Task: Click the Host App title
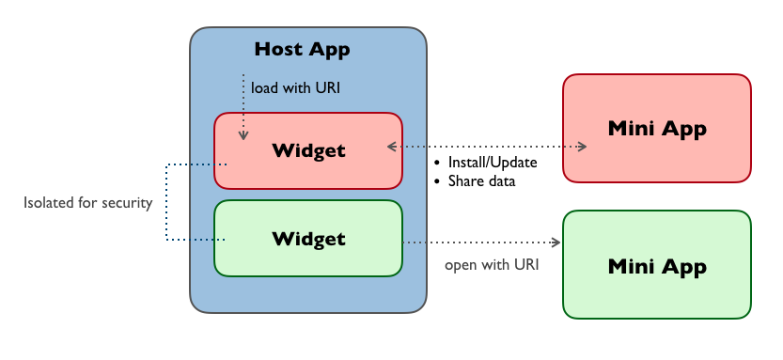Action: (x=302, y=49)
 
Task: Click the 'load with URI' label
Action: (x=295, y=88)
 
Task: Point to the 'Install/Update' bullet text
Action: (x=493, y=163)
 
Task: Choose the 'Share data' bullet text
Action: (x=481, y=181)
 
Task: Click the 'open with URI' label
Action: (x=492, y=264)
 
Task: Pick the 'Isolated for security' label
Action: (x=88, y=203)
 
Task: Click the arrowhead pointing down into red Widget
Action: (x=243, y=136)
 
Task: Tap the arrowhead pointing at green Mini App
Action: (x=556, y=243)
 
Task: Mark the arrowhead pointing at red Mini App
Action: (x=582, y=147)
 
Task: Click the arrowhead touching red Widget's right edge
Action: (x=393, y=147)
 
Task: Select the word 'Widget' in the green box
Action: (x=308, y=239)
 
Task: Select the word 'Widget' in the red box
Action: (x=308, y=150)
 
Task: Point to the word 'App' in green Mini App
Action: (x=683, y=266)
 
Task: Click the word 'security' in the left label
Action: (x=126, y=203)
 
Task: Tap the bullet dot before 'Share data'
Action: (x=438, y=181)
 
